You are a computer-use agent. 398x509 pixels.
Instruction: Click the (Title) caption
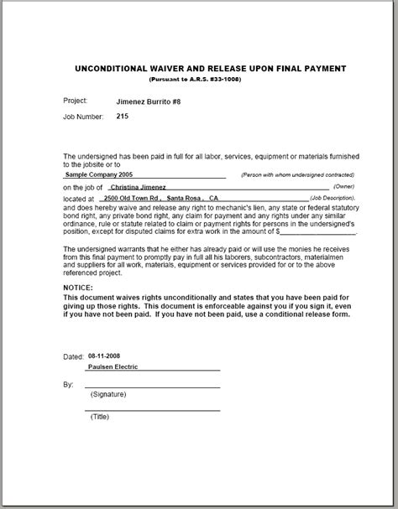[99, 418]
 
